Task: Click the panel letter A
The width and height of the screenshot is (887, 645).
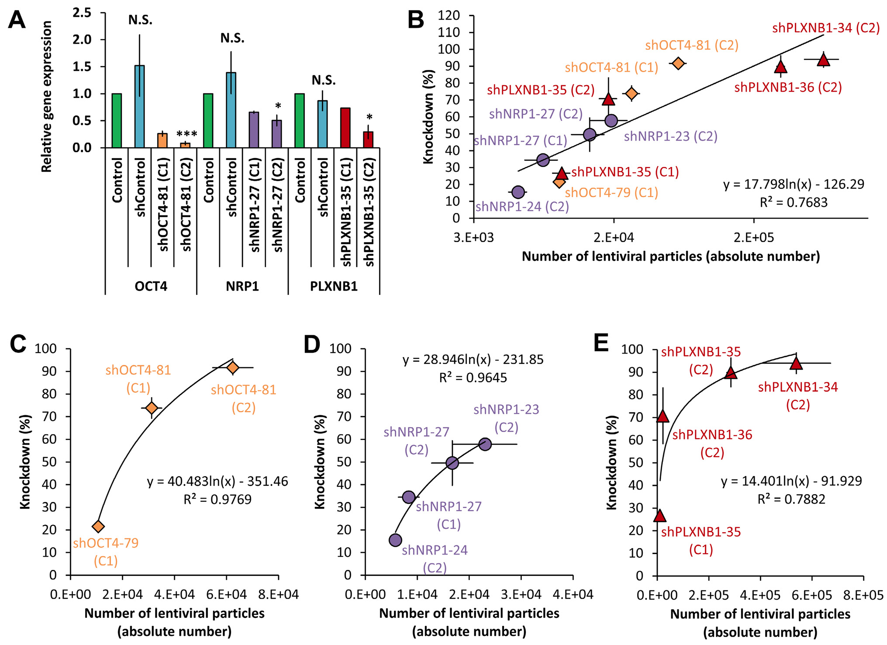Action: click(x=17, y=20)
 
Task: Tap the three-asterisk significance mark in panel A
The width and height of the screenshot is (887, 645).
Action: click(x=186, y=134)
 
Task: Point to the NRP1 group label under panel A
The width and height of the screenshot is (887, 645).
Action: click(x=242, y=286)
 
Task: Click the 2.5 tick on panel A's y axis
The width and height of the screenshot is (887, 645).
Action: click(x=82, y=13)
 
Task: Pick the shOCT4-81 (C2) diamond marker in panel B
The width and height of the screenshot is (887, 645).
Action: click(x=678, y=63)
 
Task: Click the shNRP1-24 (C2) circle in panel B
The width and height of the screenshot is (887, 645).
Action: click(x=518, y=192)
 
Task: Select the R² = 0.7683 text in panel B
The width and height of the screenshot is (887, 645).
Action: click(x=794, y=202)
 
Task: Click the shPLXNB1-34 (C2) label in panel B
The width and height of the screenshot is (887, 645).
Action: click(x=826, y=28)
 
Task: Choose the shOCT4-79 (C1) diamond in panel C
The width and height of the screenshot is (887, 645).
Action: click(x=98, y=526)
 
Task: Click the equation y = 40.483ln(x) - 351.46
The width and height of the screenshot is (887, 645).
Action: click(x=217, y=482)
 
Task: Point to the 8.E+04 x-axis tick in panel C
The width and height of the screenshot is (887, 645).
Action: click(x=279, y=595)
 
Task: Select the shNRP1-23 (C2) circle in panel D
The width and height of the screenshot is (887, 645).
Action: click(x=485, y=444)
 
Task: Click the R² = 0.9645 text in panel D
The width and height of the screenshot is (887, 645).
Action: click(x=473, y=378)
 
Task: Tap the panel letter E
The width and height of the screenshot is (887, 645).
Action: click(x=601, y=343)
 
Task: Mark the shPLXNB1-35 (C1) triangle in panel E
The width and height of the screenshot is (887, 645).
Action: click(x=659, y=516)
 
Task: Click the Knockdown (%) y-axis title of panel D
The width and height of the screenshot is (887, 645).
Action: click(x=321, y=461)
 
